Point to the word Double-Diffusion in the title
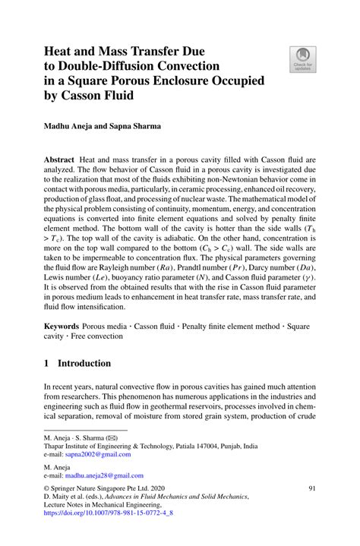103,63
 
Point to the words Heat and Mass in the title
84,47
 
